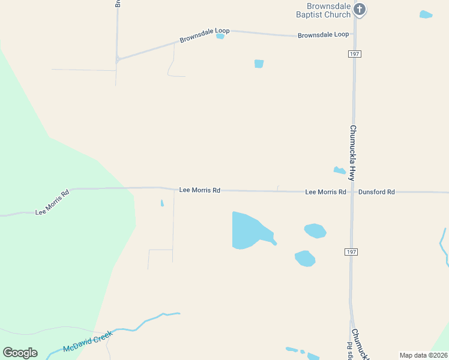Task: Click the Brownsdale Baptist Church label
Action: [325, 10]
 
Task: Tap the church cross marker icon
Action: [360, 8]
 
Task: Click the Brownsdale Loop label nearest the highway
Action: [323, 35]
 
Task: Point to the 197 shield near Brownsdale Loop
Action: [354, 54]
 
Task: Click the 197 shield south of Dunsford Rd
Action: [352, 252]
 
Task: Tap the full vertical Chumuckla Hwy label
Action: [354, 153]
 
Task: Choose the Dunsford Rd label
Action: [376, 192]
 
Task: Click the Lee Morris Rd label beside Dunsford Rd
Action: [325, 192]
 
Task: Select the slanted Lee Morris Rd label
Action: [52, 202]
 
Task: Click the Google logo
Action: [20, 353]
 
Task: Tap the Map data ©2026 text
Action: [423, 355]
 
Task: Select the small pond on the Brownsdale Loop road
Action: [220, 36]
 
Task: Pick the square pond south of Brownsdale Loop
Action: [259, 64]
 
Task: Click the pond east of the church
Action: [426, 14]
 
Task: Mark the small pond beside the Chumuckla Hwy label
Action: [339, 170]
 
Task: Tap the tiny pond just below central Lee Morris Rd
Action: [162, 203]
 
